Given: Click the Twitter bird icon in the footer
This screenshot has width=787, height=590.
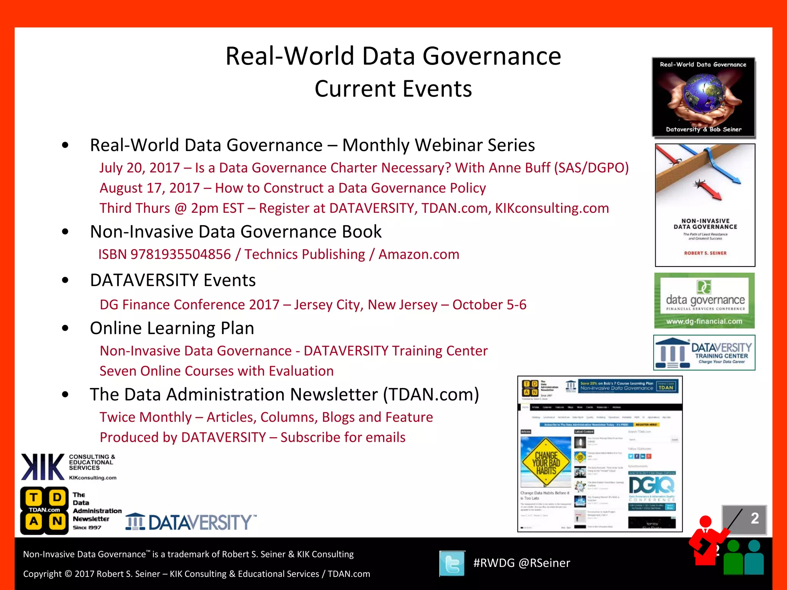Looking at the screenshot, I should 452,563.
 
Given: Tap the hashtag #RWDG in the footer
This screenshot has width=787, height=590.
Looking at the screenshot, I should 494,563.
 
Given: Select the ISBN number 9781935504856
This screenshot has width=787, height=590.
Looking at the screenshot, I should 181,254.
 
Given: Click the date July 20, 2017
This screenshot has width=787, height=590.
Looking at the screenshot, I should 139,168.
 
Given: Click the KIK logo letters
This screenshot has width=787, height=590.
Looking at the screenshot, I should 43,467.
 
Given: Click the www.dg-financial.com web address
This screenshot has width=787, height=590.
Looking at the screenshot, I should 704,322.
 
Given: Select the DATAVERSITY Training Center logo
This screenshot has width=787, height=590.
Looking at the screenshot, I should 704,353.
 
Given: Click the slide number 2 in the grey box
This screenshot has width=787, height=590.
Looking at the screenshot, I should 754,518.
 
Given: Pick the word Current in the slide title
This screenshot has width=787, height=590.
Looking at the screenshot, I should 355,89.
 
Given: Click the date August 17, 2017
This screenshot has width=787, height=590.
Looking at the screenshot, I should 149,188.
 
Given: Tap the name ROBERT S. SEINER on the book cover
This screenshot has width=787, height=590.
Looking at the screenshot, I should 705,253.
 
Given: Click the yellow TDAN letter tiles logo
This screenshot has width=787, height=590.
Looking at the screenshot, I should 45,510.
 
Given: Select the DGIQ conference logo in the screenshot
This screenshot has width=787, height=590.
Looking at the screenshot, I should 652,486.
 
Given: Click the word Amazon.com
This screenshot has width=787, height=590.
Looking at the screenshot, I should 419,254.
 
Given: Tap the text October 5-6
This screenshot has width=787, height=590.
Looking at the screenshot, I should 489,305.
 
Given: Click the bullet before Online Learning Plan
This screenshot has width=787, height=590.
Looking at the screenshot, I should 65,328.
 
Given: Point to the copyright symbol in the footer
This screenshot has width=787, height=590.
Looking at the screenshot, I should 68,574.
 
